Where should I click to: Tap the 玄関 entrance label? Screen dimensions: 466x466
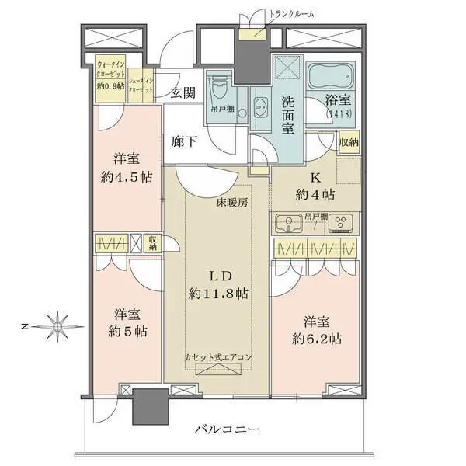183,93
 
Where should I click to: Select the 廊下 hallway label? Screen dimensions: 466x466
183,143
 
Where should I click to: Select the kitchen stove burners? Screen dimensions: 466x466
339,224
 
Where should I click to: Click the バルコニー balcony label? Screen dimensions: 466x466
228,429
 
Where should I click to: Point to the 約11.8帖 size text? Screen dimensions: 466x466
217,294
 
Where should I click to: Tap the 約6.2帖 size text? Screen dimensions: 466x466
318,339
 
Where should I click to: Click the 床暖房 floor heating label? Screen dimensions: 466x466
232,204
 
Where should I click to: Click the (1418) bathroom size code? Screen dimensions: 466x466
335,113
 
